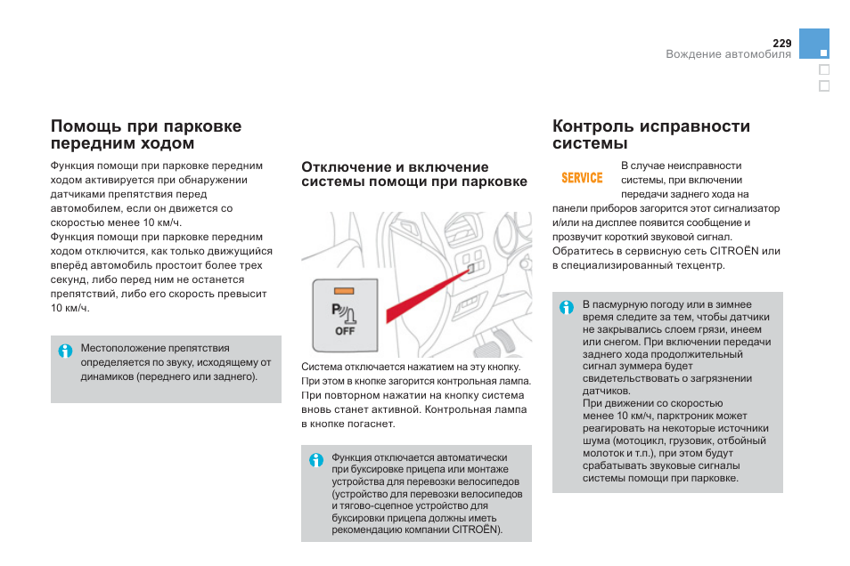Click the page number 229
pos(782,43)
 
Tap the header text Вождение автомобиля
pos(729,54)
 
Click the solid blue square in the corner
pos(814,44)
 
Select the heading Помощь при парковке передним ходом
pos(146,134)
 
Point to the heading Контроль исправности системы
pos(651,134)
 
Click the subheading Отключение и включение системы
pos(414,174)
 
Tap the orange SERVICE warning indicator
pos(582,178)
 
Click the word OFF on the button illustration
pos(345,331)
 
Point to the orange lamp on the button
pos(345,291)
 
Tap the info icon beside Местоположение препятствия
pos(65,351)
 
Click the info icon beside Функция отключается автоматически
pos(316,460)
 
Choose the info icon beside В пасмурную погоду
pos(567,308)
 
